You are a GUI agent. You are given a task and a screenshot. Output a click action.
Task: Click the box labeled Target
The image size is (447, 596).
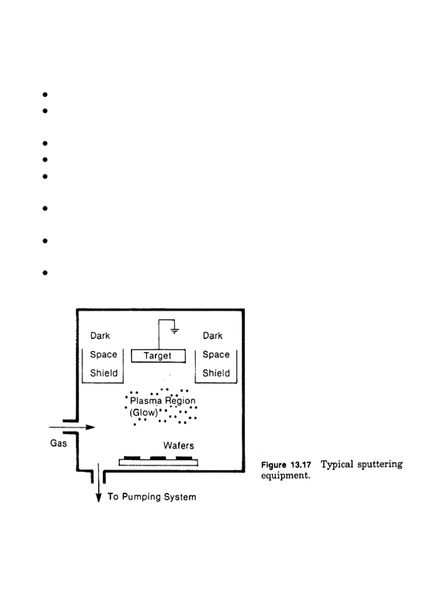pos(158,355)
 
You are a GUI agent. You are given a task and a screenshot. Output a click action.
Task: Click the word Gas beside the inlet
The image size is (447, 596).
pos(58,443)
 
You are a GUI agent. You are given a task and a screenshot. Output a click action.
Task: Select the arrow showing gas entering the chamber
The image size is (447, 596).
pos(82,427)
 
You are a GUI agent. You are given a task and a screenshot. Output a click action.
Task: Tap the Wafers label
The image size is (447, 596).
pos(178,445)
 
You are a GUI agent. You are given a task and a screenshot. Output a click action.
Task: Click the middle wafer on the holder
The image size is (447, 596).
pos(158,458)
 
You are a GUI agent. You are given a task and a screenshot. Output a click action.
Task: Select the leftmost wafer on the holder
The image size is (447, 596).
pos(132,458)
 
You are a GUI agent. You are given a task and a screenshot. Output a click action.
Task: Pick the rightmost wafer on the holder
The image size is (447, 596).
pos(184,458)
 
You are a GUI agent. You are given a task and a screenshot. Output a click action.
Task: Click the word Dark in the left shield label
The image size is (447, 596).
pos(100,336)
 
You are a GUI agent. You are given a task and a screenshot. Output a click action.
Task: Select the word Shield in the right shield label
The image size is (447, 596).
pos(215,373)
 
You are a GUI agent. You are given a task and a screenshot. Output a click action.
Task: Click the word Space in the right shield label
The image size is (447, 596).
pos(216,354)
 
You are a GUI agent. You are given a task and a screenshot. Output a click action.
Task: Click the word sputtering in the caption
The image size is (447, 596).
pos(379,464)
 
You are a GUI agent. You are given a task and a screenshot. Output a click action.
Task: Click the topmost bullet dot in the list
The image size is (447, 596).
pos(44,95)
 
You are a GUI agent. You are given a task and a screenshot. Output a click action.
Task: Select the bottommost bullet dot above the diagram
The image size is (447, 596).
pos(44,272)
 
